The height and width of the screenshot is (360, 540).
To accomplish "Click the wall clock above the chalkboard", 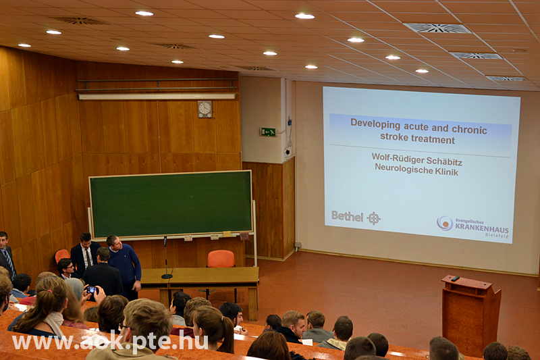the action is click(x=205, y=109).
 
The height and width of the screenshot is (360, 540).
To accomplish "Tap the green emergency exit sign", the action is click(x=268, y=132).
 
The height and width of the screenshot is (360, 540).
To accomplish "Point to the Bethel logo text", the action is click(x=347, y=216).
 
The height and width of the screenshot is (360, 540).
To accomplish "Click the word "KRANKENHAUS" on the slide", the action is click(x=482, y=227).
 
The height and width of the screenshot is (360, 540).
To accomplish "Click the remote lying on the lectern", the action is click(x=455, y=278).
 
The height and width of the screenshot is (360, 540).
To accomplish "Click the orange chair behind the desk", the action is click(x=221, y=259).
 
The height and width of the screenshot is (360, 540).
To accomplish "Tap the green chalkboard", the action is click(x=171, y=204).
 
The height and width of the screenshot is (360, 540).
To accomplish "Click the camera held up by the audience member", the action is click(x=91, y=290).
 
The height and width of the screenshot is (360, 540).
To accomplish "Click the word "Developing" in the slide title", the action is click(x=375, y=124).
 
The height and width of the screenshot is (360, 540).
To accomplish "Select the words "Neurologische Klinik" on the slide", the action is click(x=416, y=170).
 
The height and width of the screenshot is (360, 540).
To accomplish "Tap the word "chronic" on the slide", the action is click(x=469, y=130).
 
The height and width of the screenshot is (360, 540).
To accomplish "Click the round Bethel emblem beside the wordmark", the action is click(x=374, y=218).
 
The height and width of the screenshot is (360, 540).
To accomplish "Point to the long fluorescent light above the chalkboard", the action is click(x=157, y=97).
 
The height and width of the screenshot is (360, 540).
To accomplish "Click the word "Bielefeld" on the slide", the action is click(x=497, y=235).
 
